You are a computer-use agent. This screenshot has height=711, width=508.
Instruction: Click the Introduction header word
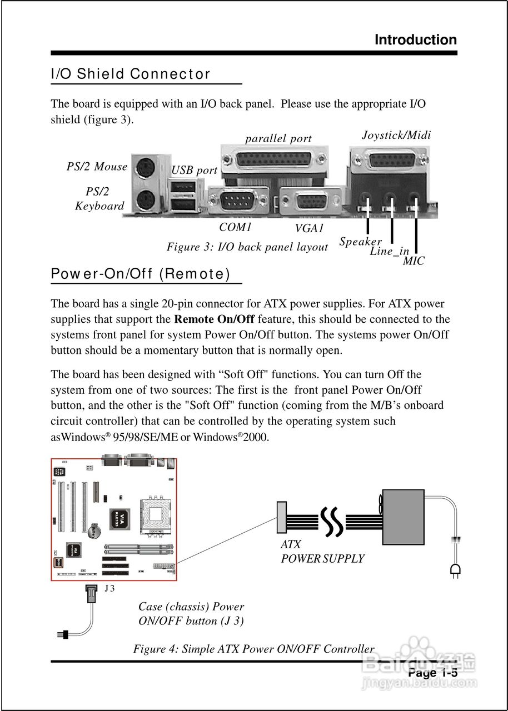pos(415,40)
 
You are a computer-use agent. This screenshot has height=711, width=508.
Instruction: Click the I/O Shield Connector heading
pos(131,74)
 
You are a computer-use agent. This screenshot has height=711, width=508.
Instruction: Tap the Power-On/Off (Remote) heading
pos(140,274)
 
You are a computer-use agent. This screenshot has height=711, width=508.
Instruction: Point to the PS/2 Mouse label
pos(97,167)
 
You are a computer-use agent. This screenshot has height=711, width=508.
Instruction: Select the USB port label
pos(194,171)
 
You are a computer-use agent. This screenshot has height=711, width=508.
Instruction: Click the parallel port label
pos(278,139)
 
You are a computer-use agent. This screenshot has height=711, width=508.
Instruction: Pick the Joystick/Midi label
pos(396,135)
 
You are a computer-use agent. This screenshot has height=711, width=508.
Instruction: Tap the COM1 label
pos(236,227)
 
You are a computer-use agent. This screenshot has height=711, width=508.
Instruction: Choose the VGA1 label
pos(310,228)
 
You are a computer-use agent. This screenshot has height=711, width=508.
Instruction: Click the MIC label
pos(414,261)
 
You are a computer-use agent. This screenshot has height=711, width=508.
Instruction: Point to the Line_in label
pos(390,252)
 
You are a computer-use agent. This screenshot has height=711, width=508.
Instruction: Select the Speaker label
pos(360,242)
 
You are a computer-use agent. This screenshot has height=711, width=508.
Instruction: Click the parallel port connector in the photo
pos(275,161)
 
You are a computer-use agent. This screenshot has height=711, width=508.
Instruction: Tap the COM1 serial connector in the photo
pos(238,201)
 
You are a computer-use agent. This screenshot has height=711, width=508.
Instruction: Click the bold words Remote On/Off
pos(215,319)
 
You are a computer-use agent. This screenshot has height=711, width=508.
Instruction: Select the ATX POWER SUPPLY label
pos(322,552)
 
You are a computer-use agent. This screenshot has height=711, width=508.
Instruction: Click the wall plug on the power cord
pos(455,569)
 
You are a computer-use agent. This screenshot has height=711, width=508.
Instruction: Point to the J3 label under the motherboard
pos(109,588)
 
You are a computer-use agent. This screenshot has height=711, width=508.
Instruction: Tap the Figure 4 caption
pos(253,649)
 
